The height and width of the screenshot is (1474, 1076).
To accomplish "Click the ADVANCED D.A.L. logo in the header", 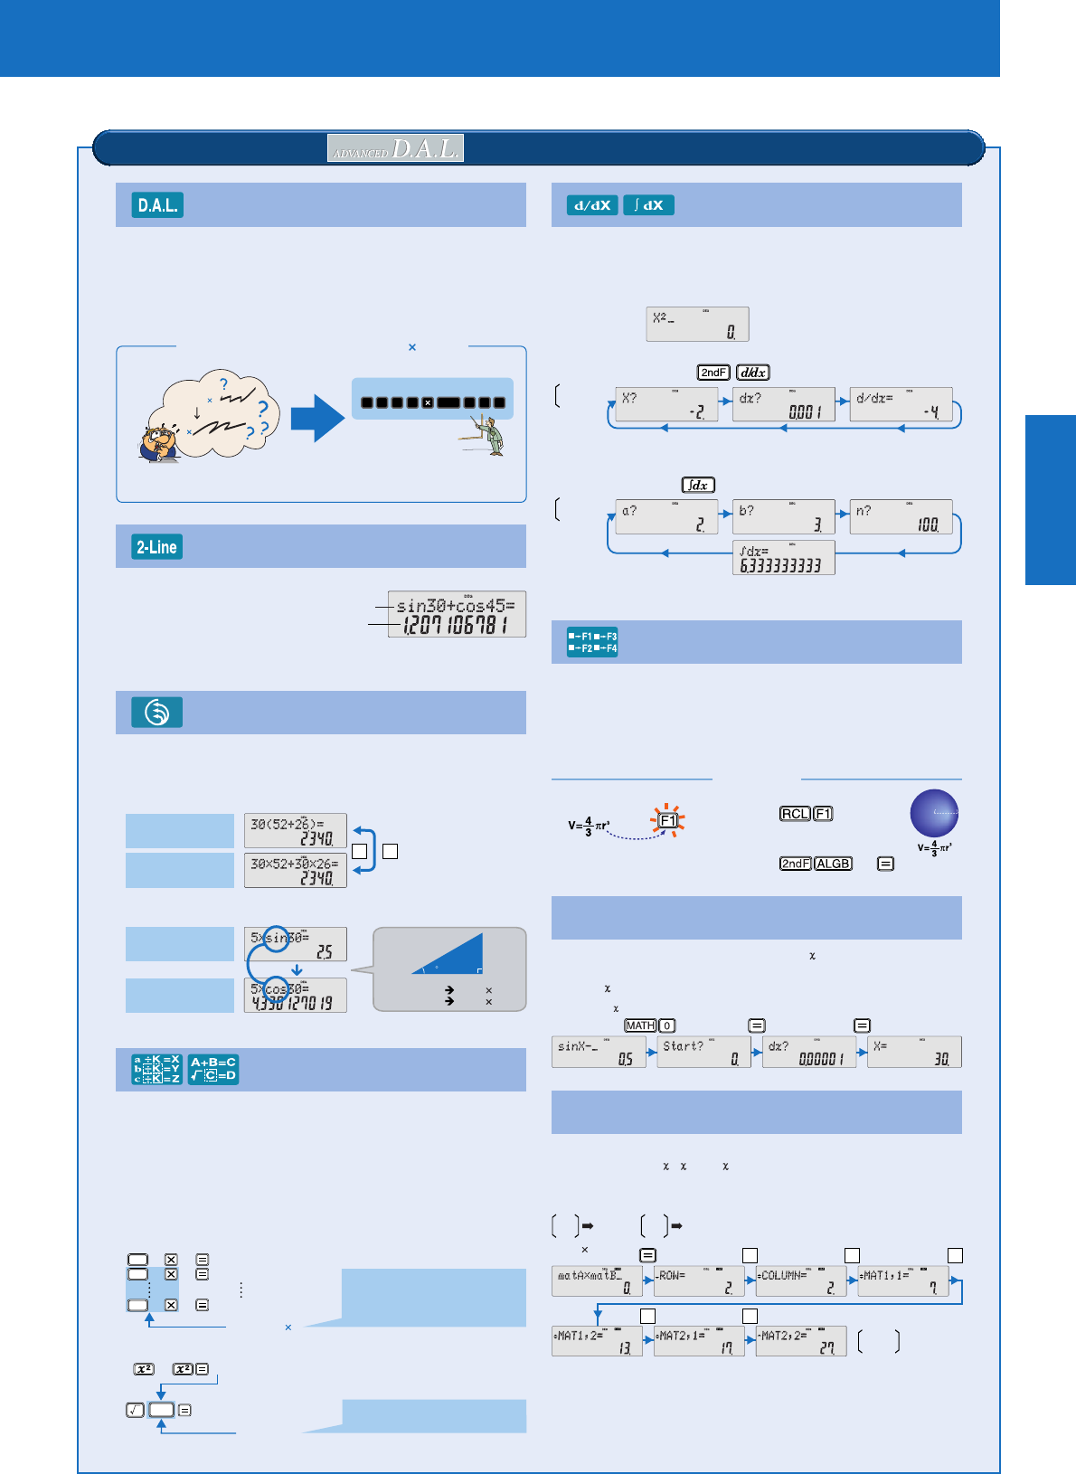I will [x=395, y=147].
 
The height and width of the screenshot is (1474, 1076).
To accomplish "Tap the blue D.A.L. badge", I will [x=158, y=205].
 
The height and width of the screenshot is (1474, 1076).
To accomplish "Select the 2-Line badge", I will [x=157, y=547].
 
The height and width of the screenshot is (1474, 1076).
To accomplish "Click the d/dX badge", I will [x=592, y=205].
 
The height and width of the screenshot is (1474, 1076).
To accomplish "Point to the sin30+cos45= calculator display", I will [x=457, y=614].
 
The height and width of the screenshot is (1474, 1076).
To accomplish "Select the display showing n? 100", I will [x=901, y=516].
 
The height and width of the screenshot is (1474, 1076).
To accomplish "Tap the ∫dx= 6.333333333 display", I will [x=783, y=557].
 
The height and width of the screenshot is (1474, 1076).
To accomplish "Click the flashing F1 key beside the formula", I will [x=667, y=820].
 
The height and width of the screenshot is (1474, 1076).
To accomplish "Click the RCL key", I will [x=795, y=814].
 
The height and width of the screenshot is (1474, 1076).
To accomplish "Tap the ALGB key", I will [x=833, y=864].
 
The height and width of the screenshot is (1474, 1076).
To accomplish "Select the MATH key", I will [x=640, y=1025].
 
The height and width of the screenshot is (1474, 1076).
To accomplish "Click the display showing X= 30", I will [x=913, y=1052].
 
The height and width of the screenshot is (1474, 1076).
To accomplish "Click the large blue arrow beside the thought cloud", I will [x=316, y=417].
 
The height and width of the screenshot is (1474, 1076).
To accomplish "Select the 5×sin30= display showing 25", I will [x=295, y=944].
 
